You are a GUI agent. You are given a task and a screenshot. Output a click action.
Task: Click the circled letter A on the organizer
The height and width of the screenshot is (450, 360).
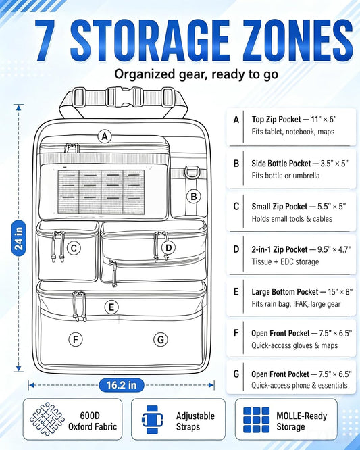105,136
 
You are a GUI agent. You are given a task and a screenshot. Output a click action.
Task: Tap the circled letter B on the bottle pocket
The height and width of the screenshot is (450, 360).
194,197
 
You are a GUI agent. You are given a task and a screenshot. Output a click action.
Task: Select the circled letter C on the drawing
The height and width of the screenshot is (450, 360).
74,248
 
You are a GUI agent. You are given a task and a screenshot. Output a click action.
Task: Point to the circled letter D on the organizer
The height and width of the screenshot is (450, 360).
169,248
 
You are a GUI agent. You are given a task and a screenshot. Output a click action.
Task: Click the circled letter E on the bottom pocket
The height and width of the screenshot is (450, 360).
111,307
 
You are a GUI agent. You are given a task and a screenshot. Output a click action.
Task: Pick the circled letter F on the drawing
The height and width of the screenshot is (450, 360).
76,339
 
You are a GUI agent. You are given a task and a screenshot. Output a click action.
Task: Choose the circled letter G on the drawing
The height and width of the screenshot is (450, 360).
161,339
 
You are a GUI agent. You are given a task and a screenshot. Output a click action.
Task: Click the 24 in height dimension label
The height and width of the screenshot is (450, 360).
18,238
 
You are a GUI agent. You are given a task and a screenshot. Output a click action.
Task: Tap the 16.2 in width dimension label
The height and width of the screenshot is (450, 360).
122,385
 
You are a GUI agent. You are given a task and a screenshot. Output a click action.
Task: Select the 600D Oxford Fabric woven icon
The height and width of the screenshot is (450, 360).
47,420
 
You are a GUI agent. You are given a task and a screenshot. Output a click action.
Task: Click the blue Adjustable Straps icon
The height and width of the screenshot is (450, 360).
153,420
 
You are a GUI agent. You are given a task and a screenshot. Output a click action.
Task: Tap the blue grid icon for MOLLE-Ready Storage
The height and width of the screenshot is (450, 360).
256,420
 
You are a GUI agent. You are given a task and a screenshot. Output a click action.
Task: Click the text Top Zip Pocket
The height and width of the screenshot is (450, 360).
276,120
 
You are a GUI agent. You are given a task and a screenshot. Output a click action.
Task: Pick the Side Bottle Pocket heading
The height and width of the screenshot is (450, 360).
281,164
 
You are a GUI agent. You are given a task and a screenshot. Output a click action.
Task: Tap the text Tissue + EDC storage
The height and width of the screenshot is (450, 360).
285,261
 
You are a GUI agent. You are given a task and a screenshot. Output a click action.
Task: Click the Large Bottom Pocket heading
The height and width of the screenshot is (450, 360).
285,292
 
